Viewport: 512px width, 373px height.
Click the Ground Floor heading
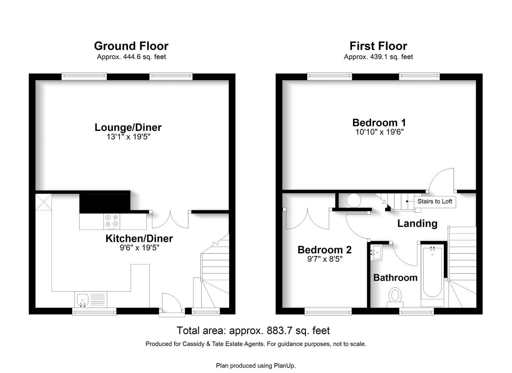coord(131,46)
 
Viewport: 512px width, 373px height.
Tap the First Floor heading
coord(378,46)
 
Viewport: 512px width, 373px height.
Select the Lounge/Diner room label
coord(128,127)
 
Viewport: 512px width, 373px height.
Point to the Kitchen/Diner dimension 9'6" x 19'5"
coord(139,248)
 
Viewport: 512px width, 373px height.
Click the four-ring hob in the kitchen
coord(112,221)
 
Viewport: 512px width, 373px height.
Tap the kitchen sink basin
coord(83,300)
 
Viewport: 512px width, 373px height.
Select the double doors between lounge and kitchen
coord(170,220)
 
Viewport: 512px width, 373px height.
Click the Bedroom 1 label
coord(379,123)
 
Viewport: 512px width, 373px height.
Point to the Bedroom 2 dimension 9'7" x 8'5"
coord(324,259)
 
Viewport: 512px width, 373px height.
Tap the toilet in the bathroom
coord(395,297)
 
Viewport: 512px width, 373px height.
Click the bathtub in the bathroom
coord(432,275)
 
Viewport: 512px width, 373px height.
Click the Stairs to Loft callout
coord(435,201)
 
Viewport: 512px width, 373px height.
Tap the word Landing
coord(418,223)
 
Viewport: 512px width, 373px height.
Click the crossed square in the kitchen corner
coord(44,202)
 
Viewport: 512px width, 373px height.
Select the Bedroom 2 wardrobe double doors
coord(308,219)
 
